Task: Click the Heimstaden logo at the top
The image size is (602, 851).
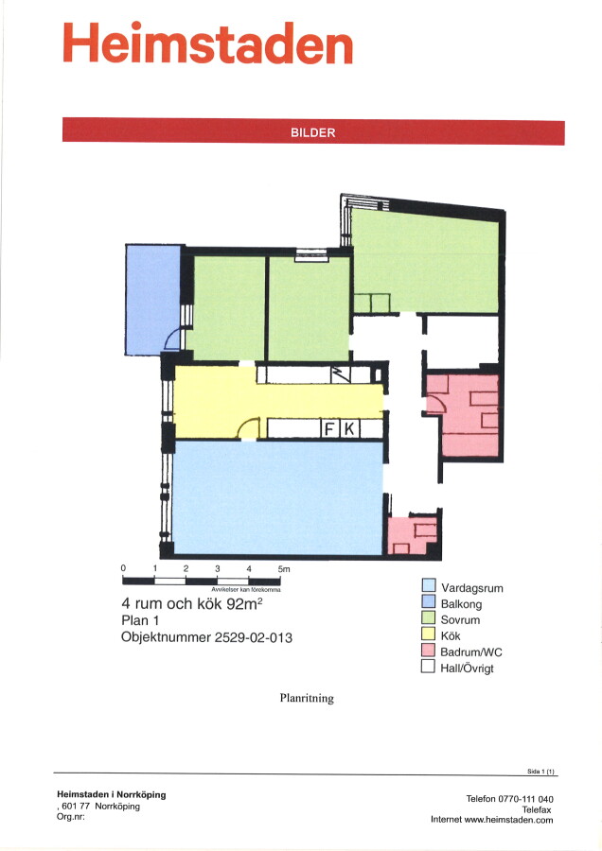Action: [x=208, y=43]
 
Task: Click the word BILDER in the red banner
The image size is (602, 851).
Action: [x=313, y=132]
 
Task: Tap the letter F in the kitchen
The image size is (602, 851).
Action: [x=329, y=428]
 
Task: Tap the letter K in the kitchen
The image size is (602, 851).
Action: [x=349, y=428]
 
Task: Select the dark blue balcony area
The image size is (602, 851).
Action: [x=152, y=299]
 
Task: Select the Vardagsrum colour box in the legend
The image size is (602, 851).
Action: [x=429, y=585]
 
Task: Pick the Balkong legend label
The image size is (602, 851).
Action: [x=461, y=603]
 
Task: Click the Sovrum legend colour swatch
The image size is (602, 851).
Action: [x=429, y=617]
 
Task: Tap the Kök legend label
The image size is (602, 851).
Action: [x=451, y=635]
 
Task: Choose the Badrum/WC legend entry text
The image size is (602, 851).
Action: [x=471, y=651]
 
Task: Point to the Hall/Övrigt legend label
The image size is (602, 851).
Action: [x=468, y=669]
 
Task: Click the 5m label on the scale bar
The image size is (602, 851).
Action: [x=284, y=569]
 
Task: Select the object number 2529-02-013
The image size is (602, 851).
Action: [x=253, y=637]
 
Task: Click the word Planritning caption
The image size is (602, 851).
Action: [x=307, y=698]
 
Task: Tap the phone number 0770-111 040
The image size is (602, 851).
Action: [x=526, y=799]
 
